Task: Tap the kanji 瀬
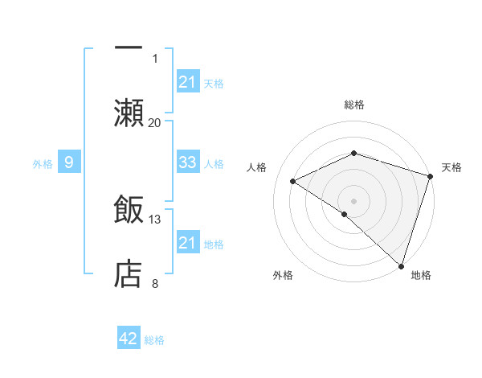129,112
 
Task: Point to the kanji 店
129,273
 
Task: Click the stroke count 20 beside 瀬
155,122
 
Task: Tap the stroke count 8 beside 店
155,283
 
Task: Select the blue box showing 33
187,162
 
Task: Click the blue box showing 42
129,339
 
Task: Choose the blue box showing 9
69,163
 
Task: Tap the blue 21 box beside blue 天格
187,81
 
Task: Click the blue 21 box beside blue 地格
187,243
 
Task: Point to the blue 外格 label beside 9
43,164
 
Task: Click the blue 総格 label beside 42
154,340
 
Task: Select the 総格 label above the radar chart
353,105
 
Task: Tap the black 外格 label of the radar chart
283,275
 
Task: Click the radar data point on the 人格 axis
293,182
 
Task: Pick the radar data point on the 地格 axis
401,265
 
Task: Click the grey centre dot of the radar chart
353,200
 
